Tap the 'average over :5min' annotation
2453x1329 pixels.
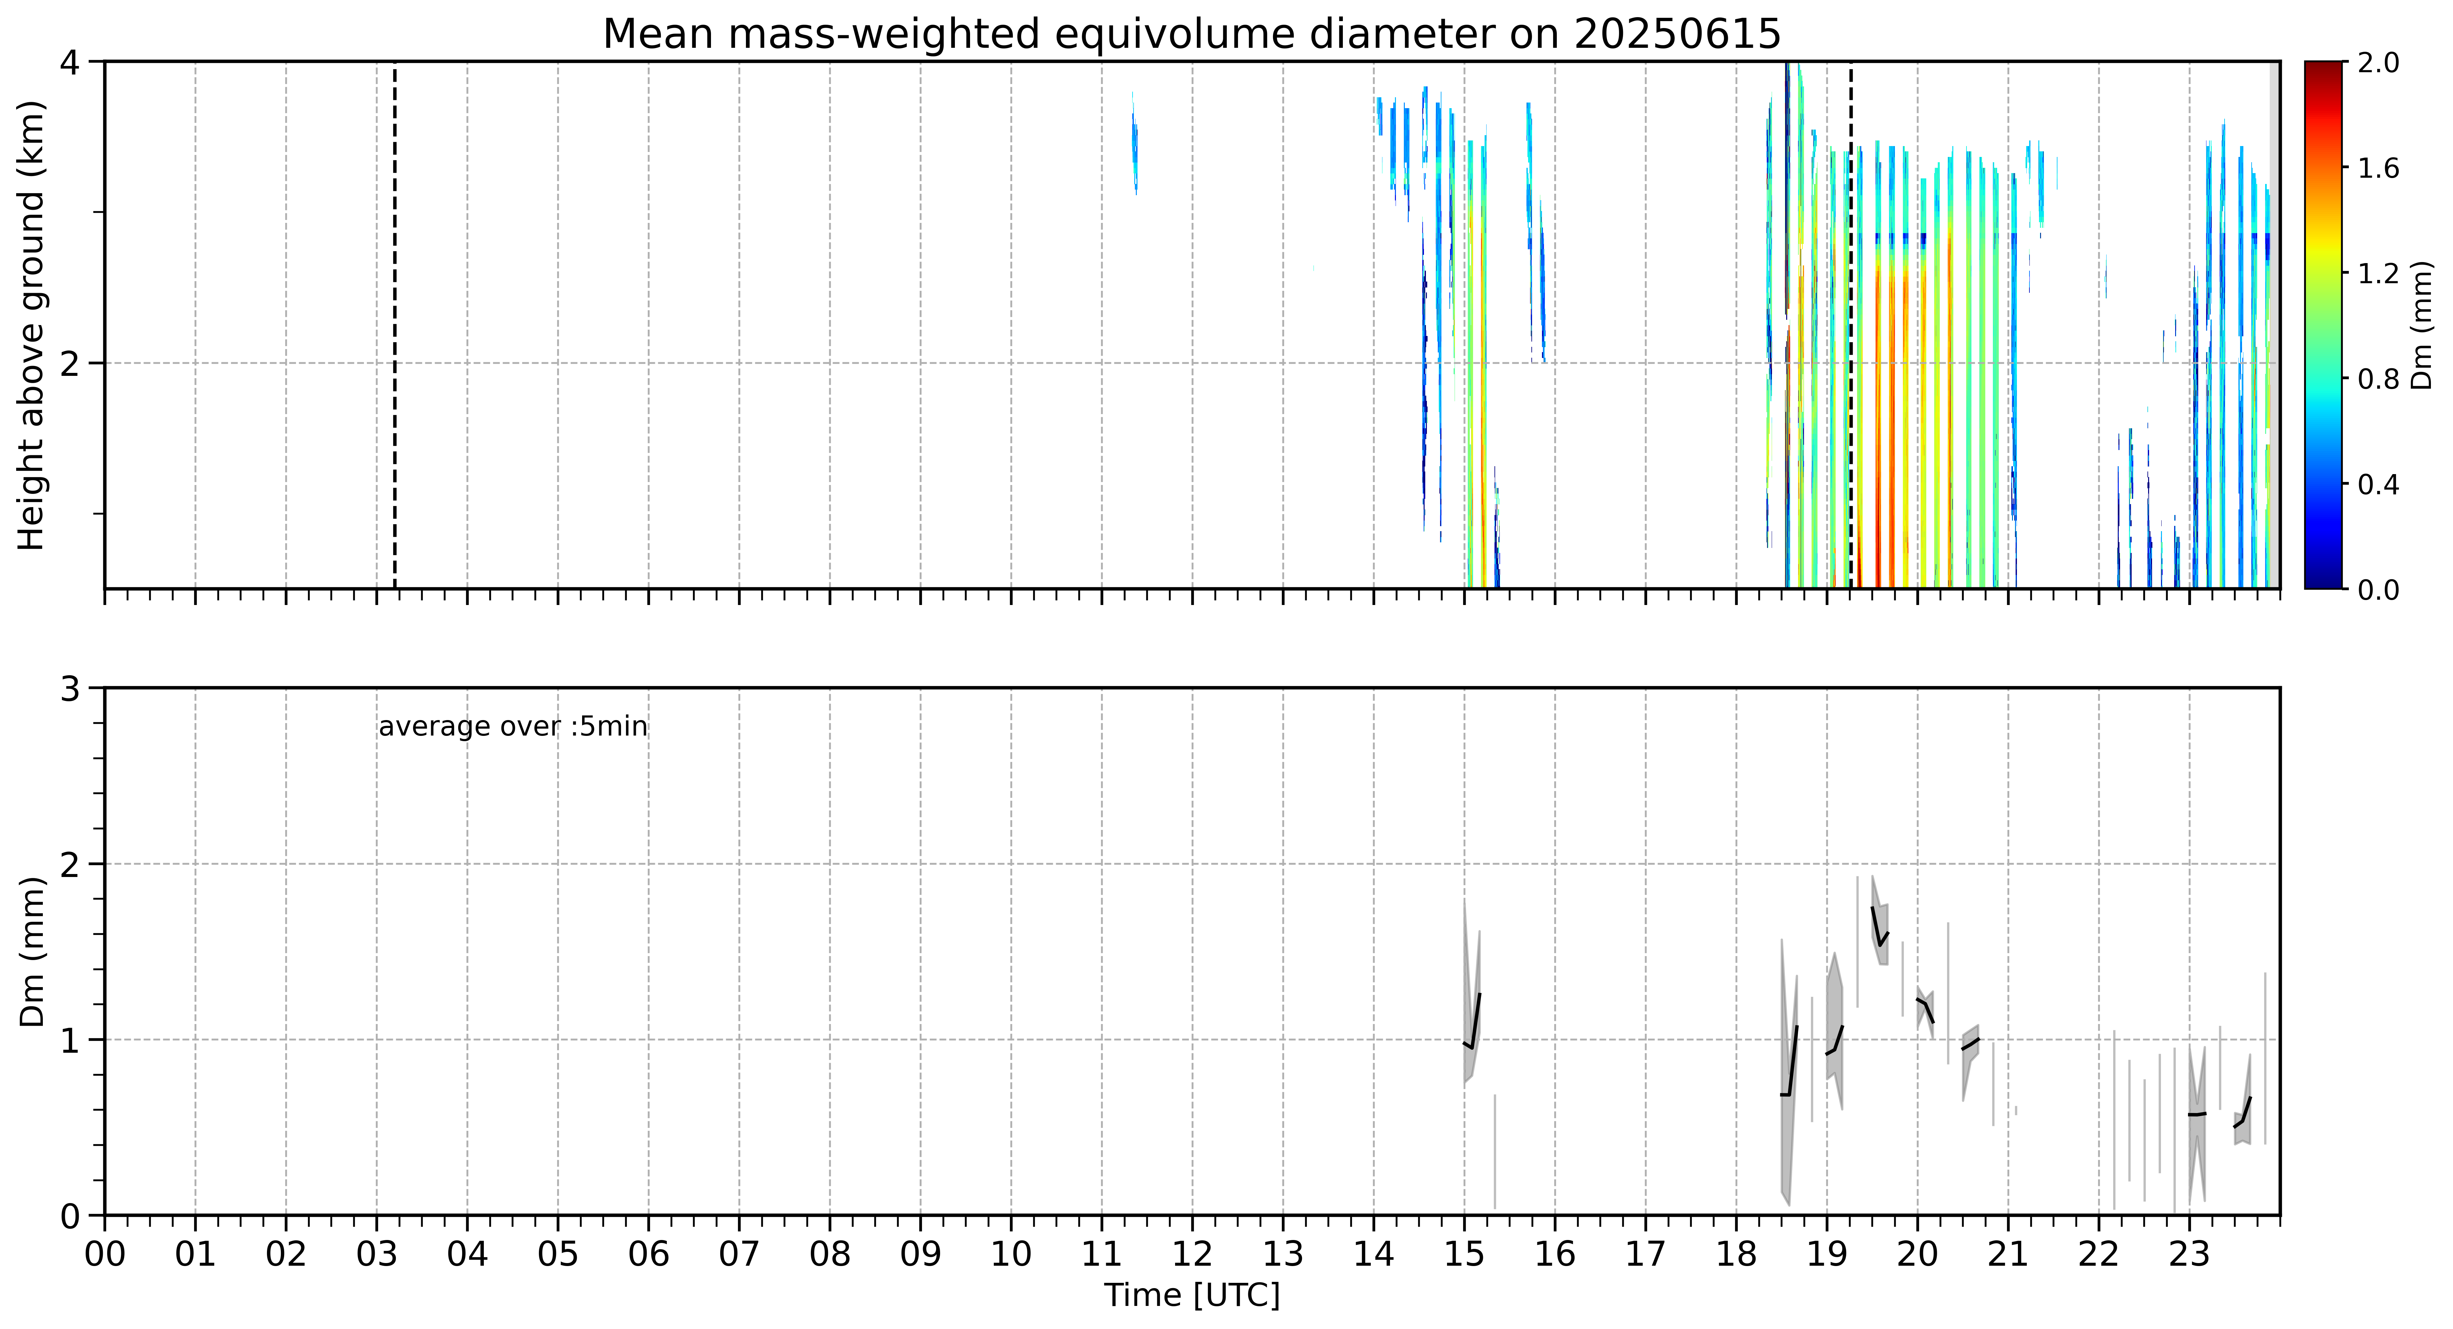tap(512, 727)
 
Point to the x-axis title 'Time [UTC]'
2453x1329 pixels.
tap(1192, 1296)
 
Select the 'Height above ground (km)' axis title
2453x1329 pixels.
tap(31, 325)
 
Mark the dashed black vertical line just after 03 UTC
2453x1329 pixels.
tap(394, 325)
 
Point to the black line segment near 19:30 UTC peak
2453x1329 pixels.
tap(1879, 927)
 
